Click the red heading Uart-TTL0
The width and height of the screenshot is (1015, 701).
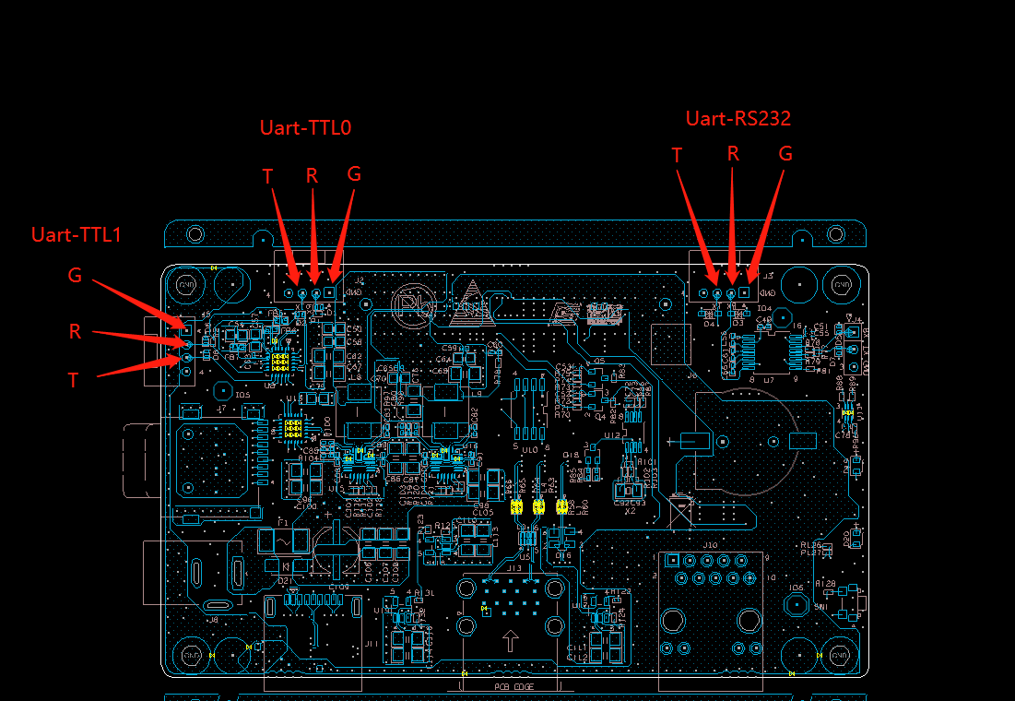point(305,127)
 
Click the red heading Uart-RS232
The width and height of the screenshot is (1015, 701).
point(738,118)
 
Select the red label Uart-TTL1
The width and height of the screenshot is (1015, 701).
point(77,234)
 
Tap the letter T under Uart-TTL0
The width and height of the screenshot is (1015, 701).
point(268,176)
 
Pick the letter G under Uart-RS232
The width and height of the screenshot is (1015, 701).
point(785,154)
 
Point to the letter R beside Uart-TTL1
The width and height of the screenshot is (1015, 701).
point(76,331)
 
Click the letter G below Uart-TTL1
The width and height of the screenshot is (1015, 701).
point(75,275)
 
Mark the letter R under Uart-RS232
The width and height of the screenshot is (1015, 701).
point(733,154)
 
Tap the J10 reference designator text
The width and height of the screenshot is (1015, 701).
point(710,545)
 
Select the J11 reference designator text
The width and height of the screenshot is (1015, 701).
point(372,643)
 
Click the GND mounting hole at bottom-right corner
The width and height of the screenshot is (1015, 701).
point(841,652)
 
